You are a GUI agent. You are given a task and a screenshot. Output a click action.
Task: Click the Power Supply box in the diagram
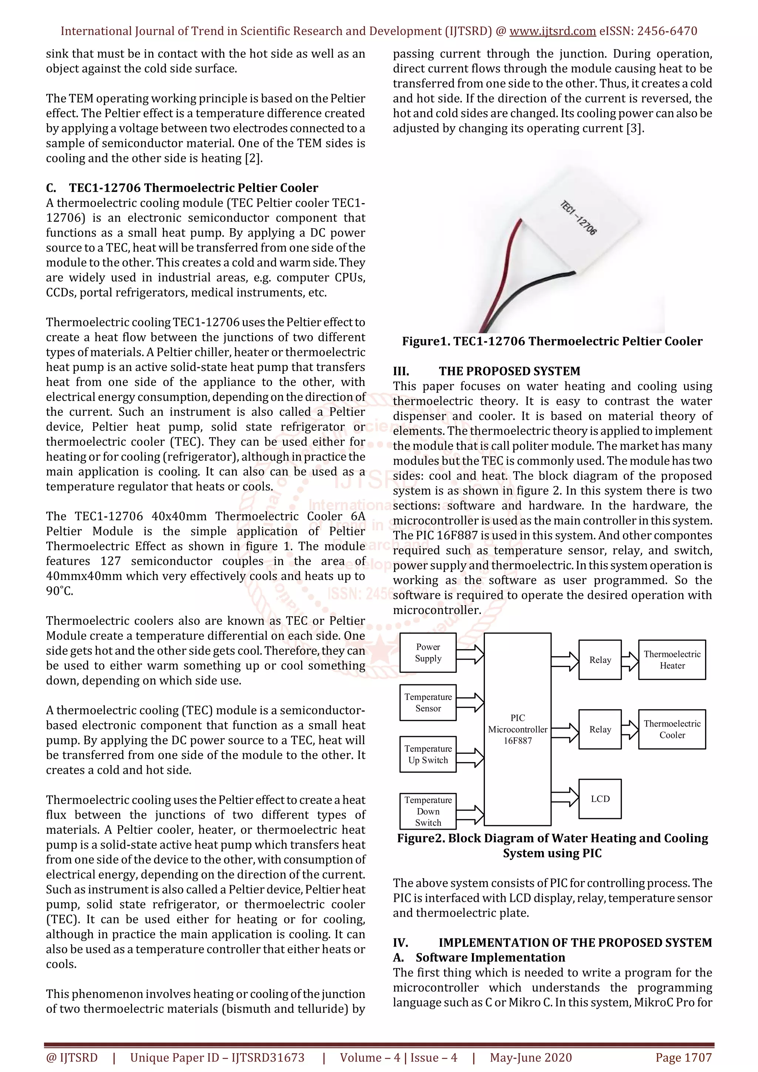pos(428,653)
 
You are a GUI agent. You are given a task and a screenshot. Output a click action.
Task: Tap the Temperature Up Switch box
pos(428,754)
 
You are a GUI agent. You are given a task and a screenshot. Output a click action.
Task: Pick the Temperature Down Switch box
pos(428,811)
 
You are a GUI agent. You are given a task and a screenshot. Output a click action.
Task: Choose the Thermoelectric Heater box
pos(672,660)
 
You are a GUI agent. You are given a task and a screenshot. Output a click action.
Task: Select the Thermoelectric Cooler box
pos(672,729)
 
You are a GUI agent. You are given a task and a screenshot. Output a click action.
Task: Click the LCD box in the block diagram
pos(600,799)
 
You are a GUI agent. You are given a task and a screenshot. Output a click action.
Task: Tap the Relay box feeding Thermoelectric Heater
pos(600,660)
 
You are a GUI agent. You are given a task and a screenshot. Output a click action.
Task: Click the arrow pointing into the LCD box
pos(565,796)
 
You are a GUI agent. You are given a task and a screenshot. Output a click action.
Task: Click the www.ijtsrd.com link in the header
pos(552,31)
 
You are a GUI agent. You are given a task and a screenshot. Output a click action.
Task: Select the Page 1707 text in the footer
pos(683,1058)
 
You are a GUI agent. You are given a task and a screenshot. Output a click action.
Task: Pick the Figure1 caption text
pos(552,341)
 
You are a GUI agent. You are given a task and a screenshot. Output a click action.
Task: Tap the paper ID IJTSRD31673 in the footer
pos(268,1058)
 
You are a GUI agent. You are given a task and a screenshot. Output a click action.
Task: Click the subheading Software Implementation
pos(490,958)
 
